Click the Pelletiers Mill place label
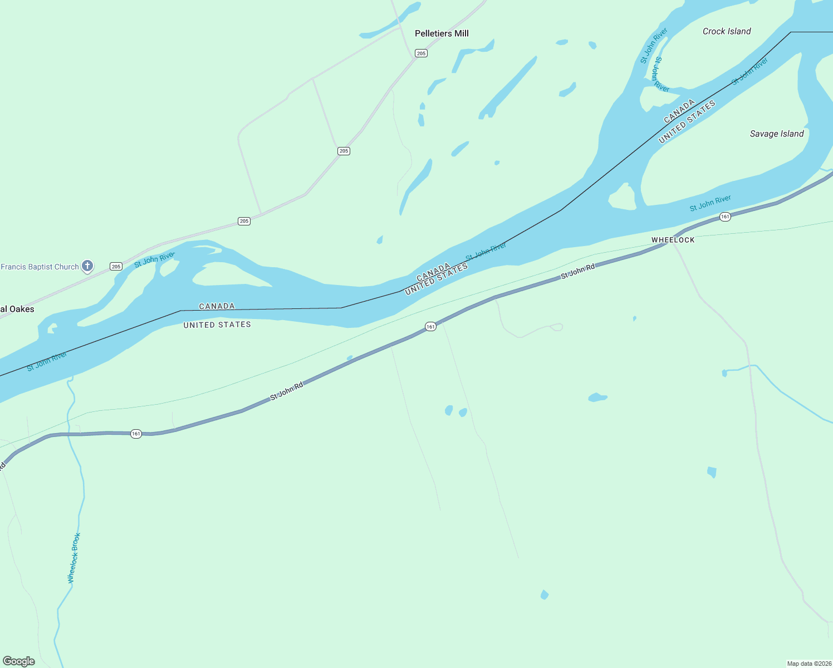[442, 33]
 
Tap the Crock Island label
[727, 32]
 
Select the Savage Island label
[776, 134]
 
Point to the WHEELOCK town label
[673, 240]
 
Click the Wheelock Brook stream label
[74, 558]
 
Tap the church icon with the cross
[87, 266]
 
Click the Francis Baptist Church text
[40, 267]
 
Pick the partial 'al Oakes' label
[17, 309]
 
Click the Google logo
[19, 661]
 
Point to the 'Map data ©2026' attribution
[808, 664]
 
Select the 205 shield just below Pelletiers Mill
[421, 53]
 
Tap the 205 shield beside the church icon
[116, 267]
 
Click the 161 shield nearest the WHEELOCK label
[724, 217]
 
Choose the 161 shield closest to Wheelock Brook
[136, 434]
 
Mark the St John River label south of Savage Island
[710, 203]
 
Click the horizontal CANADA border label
[217, 306]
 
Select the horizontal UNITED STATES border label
[217, 325]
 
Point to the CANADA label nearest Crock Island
[679, 111]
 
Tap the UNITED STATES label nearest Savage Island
[687, 122]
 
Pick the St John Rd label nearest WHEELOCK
[577, 271]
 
